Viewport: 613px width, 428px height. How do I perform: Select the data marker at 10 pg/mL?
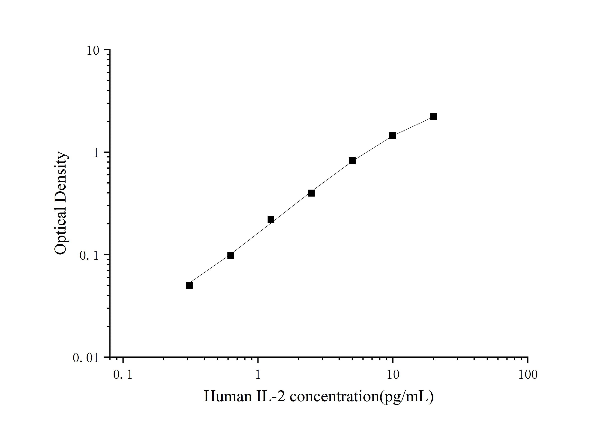pos(393,136)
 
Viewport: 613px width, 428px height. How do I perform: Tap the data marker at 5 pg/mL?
pos(352,161)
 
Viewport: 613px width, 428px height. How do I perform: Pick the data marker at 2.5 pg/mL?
pos(311,193)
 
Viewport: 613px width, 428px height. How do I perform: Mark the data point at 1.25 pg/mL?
pos(271,219)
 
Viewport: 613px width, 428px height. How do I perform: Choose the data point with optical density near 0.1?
pos(231,255)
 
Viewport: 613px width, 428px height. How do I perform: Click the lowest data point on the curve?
pos(189,285)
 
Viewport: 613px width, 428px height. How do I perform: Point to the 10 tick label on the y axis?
pos(93,51)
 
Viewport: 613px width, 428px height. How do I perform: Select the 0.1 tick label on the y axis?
pos(89,255)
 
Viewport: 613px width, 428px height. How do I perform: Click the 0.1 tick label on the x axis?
pos(123,375)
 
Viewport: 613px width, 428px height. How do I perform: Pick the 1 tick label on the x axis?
pos(258,375)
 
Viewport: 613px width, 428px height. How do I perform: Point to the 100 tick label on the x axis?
pos(528,375)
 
